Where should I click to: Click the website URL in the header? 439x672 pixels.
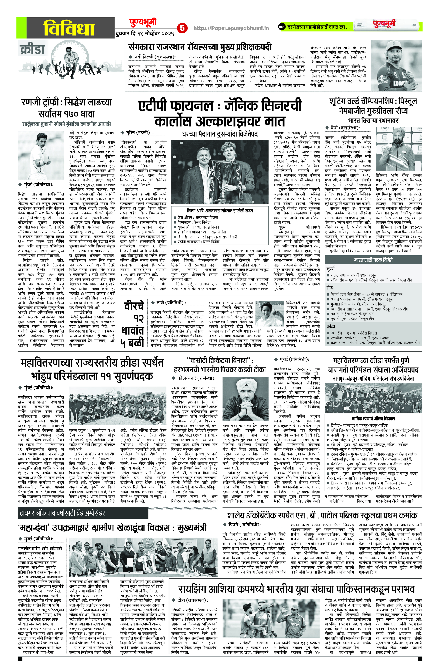coord(231,28)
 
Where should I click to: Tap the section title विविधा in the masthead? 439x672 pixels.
coord(69,28)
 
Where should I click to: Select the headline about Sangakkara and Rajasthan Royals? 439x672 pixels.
coord(200,47)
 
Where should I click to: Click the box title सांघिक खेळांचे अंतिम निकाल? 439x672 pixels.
coord(373,418)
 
